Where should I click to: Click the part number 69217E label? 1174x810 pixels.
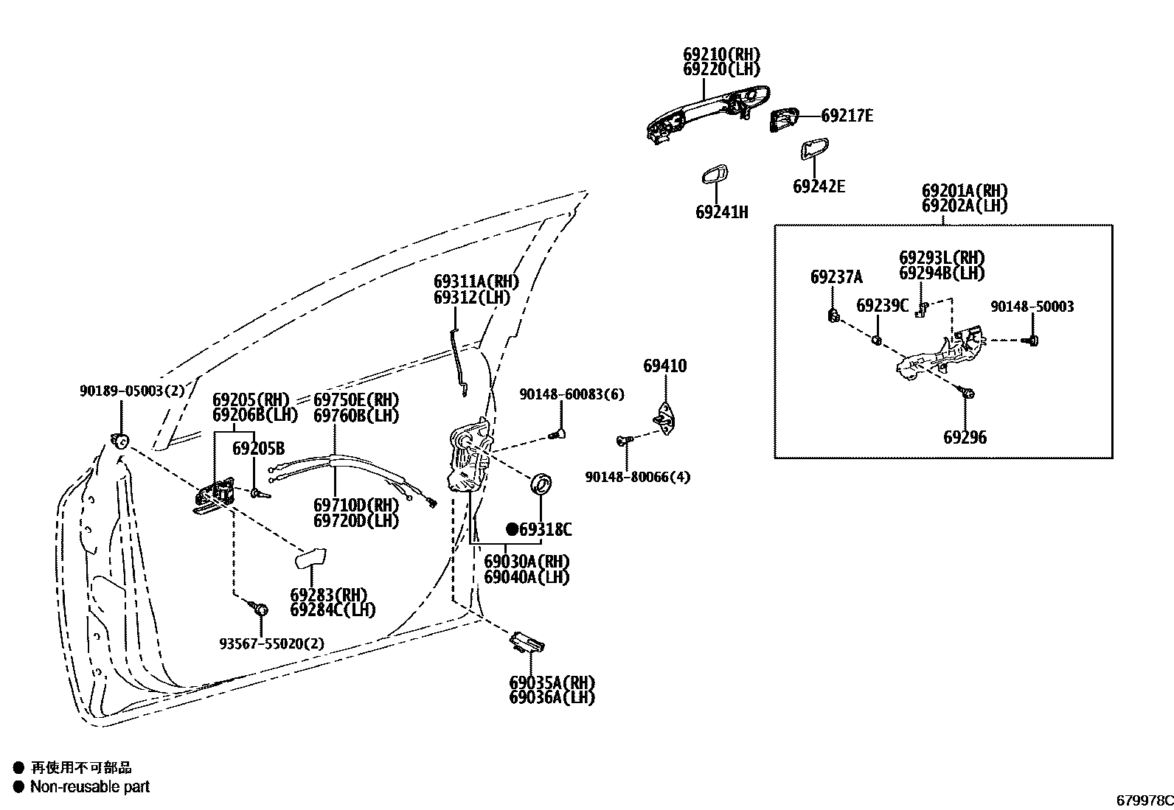[x=847, y=116]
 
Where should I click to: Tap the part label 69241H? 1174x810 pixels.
[x=721, y=213]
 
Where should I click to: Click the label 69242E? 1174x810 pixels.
[x=819, y=186]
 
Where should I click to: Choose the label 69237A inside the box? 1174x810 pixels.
[x=836, y=278]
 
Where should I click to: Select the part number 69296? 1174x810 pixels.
[x=965, y=438]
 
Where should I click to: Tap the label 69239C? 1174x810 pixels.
[x=882, y=306]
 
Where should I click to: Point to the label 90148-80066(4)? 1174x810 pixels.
[x=637, y=477]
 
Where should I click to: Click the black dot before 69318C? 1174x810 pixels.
[x=512, y=529]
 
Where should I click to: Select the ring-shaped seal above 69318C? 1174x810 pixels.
[x=541, y=484]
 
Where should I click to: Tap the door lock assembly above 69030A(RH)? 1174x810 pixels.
[x=468, y=457]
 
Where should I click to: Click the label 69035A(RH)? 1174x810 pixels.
[x=552, y=682]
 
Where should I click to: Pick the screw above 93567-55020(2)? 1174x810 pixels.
[x=260, y=609]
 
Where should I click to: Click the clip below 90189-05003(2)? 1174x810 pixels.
[x=119, y=441]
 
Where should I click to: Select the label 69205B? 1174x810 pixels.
[x=258, y=449]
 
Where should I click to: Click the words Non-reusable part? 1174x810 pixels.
[x=89, y=787]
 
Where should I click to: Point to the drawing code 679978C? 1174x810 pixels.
[x=1143, y=800]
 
